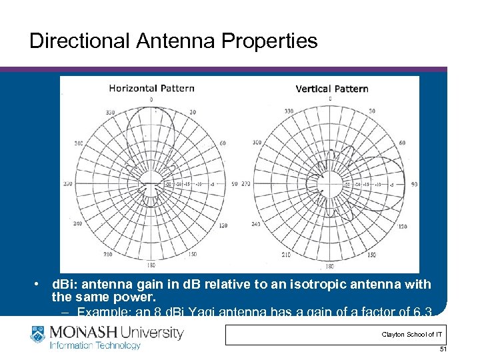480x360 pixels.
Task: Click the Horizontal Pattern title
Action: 151,88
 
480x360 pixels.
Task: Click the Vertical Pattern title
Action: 331,89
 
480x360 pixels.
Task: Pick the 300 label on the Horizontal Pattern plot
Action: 79,143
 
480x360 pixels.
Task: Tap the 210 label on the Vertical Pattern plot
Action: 285,255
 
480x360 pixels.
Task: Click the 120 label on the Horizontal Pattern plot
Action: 223,225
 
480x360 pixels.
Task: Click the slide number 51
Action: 443,349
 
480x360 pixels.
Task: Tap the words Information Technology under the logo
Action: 97,345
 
